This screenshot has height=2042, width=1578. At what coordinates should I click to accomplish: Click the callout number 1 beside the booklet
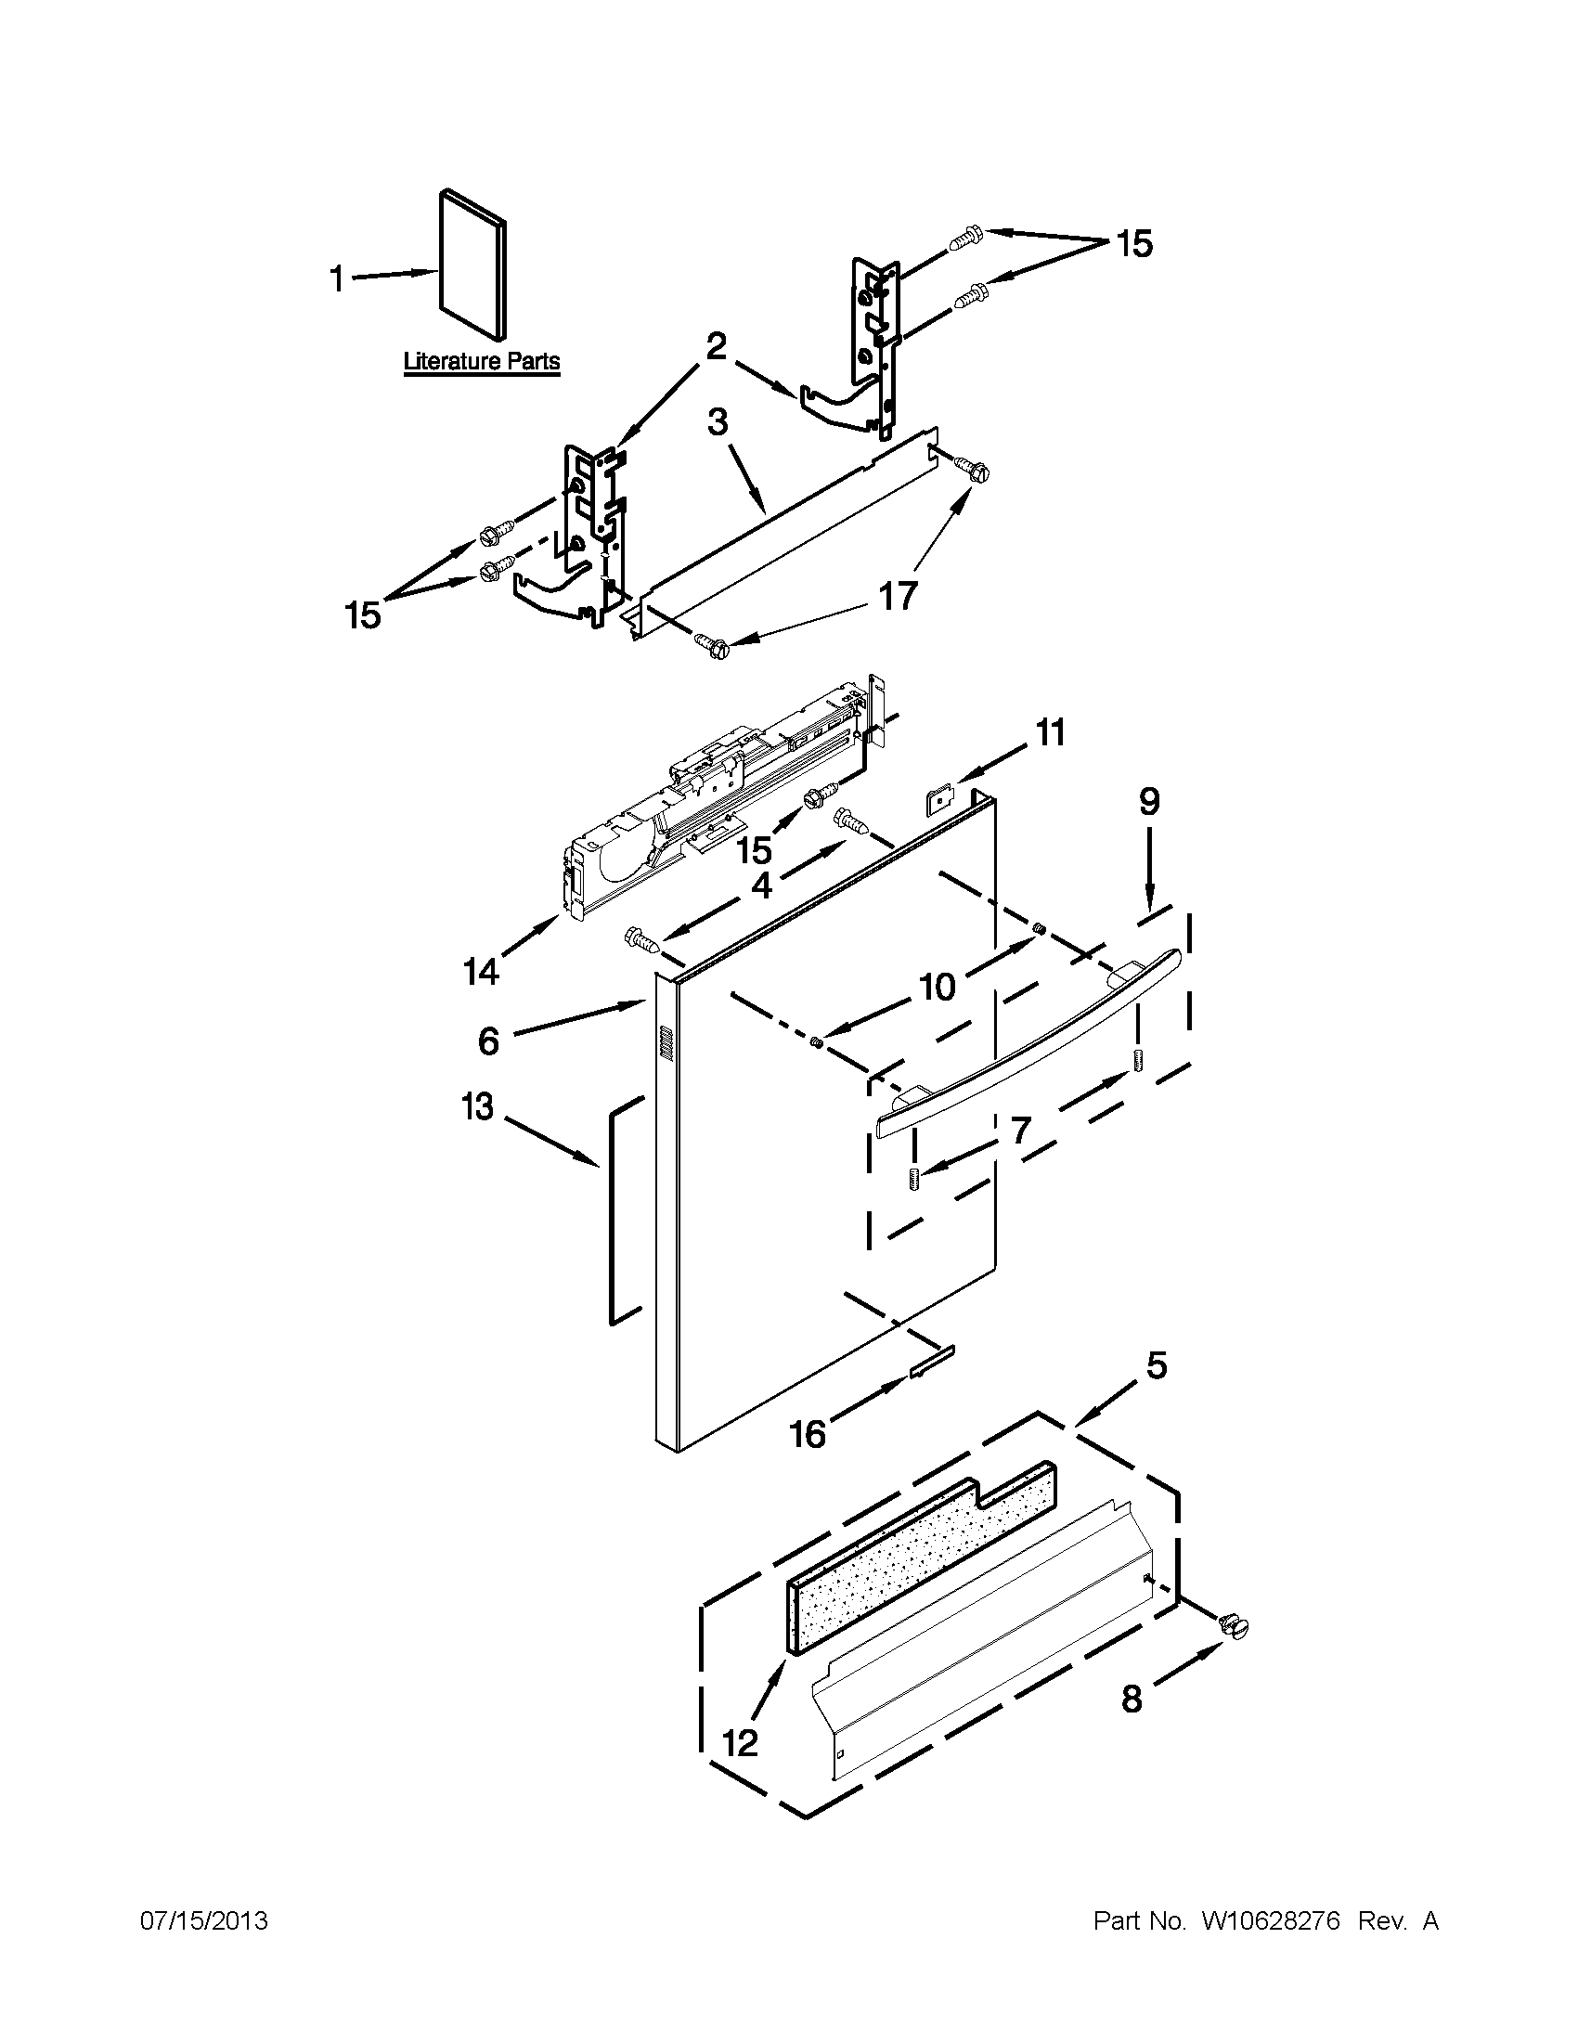(x=338, y=279)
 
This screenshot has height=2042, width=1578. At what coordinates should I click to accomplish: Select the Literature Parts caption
(x=482, y=362)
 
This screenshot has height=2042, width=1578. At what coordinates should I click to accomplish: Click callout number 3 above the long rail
(x=717, y=422)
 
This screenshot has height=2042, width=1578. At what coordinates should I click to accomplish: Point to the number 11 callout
(x=1051, y=733)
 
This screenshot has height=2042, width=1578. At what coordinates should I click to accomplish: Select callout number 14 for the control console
(x=482, y=973)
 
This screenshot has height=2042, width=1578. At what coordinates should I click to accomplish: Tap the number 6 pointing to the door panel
(x=488, y=1040)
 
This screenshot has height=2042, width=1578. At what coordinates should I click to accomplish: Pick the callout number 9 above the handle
(x=1149, y=801)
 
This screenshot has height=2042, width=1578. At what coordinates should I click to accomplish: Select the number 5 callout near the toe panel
(x=1157, y=1366)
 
